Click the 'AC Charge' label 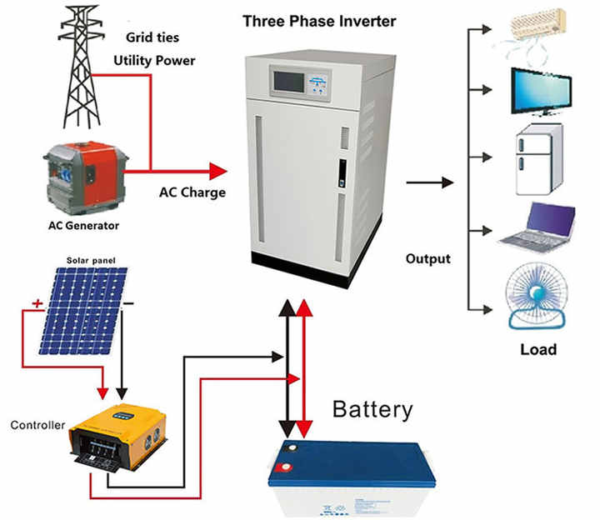pyautogui.click(x=192, y=192)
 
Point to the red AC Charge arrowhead pyautogui.click(x=217, y=172)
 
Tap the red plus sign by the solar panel pyautogui.click(x=37, y=305)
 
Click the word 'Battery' pyautogui.click(x=372, y=409)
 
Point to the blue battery pyautogui.click(x=351, y=476)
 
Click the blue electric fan pyautogui.click(x=536, y=299)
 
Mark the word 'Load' pyautogui.click(x=537, y=349)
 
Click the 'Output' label pyautogui.click(x=427, y=258)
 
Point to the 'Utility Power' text pyautogui.click(x=155, y=61)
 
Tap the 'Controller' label pyautogui.click(x=37, y=425)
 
